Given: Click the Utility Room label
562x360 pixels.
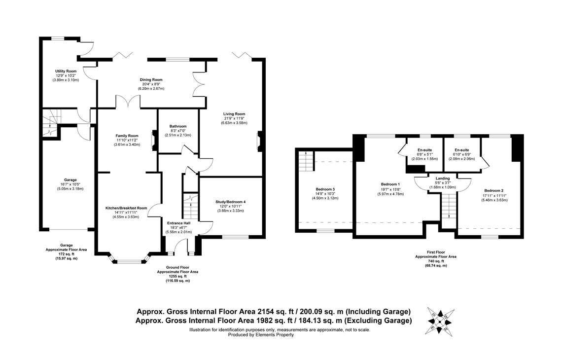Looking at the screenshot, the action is click(x=66, y=72).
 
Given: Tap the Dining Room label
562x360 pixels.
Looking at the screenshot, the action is click(x=151, y=79).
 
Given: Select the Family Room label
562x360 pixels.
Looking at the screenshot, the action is click(x=127, y=136).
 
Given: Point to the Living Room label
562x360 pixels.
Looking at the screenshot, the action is click(x=234, y=114).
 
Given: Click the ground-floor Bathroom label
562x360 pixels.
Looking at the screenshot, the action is click(x=178, y=126).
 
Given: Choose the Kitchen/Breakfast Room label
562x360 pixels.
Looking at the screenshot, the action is click(x=126, y=208).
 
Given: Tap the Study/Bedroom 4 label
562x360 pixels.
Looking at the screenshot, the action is click(x=230, y=202).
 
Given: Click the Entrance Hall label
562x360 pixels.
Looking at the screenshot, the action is click(x=178, y=223).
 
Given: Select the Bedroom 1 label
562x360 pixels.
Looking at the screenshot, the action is click(x=389, y=184).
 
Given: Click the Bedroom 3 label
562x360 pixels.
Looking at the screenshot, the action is click(x=325, y=189).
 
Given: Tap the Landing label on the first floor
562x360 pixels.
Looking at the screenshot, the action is click(x=442, y=179).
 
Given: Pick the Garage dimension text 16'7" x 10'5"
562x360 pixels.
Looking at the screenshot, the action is click(x=70, y=184).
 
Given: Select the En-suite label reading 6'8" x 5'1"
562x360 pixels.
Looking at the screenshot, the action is click(x=425, y=154).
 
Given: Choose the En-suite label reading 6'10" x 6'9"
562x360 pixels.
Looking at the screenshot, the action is click(x=461, y=154).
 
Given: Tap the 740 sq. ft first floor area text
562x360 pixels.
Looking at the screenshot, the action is click(x=435, y=261).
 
